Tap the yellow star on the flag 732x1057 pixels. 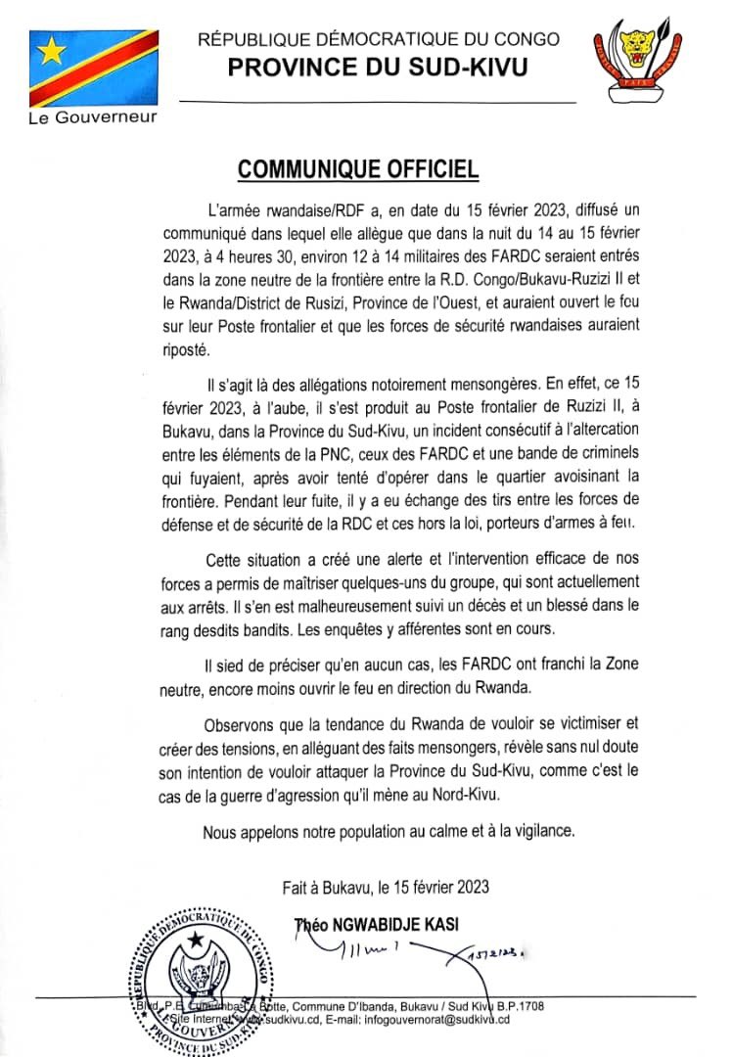click(x=50, y=48)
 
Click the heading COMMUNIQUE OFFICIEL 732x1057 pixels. click(x=359, y=169)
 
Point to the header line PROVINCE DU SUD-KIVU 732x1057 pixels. click(x=379, y=67)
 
